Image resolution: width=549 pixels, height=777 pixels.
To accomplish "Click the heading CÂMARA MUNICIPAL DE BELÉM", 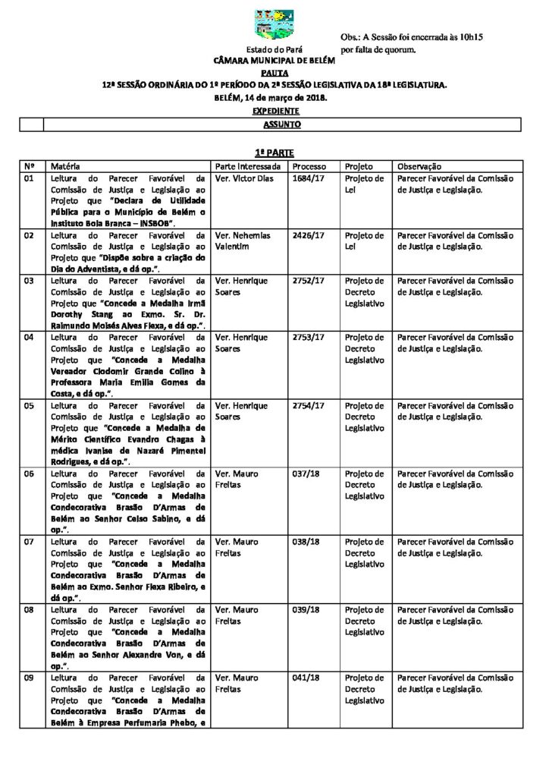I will point(274,59).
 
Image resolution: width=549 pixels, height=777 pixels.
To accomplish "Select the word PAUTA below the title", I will point(274,72).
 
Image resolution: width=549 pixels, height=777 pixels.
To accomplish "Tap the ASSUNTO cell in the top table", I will point(281,124).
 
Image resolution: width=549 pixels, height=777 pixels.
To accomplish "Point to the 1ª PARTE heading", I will point(274,153).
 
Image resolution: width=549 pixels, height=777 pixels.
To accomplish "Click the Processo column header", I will point(309,166).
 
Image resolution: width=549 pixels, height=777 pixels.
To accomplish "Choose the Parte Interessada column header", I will point(248,166).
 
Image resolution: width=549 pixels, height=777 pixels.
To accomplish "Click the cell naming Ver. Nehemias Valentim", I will point(243,241).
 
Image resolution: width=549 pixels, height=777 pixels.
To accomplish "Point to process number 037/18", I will point(306,473).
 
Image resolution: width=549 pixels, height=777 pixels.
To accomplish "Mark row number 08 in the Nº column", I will point(30,609).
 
